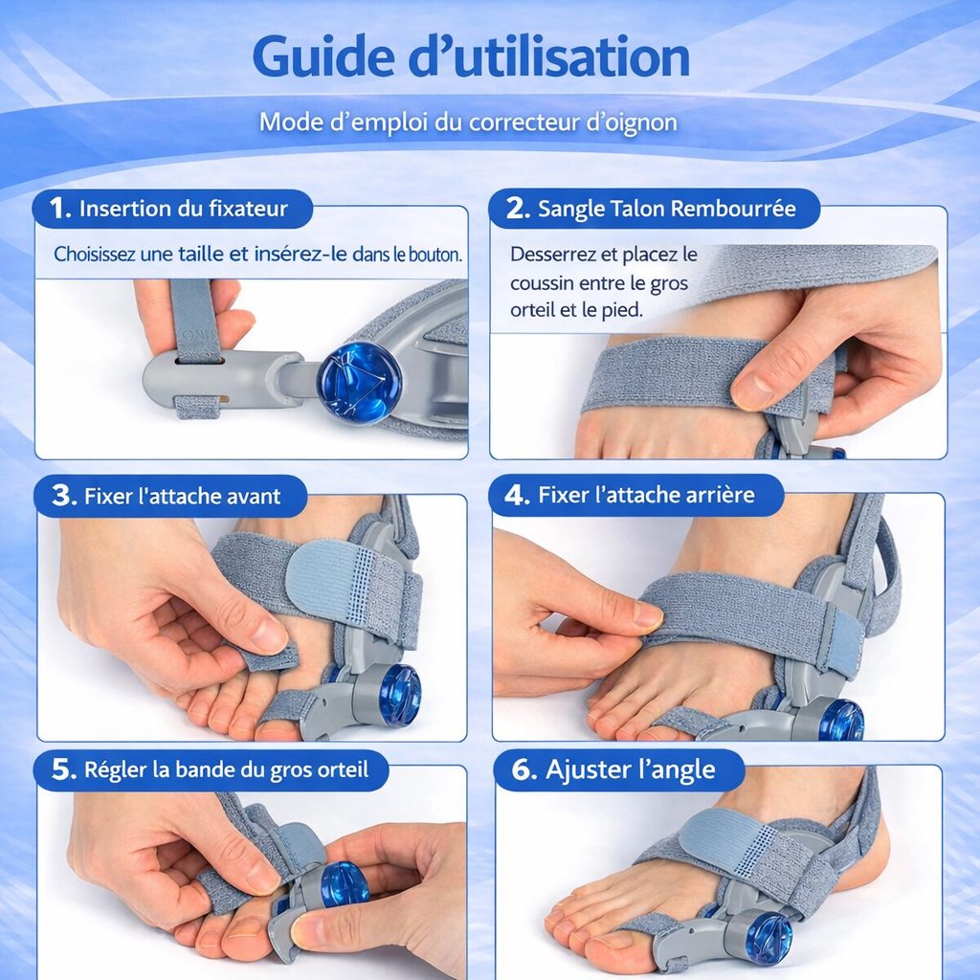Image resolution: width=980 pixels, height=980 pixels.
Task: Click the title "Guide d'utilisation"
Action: point(470,57)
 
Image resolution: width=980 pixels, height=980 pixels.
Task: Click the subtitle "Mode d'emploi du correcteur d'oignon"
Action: point(468,122)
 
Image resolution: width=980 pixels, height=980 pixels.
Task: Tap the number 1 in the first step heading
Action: point(59,209)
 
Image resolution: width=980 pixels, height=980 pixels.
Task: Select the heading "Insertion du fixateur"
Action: point(183,209)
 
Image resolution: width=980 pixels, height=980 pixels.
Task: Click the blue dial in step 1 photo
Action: point(359,382)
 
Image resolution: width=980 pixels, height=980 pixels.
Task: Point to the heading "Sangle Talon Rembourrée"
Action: point(666,209)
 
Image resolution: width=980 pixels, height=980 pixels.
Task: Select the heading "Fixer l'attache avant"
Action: point(182,496)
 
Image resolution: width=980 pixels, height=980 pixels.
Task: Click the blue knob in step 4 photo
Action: point(840,719)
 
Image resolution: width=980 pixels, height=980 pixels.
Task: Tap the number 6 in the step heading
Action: point(523,770)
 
